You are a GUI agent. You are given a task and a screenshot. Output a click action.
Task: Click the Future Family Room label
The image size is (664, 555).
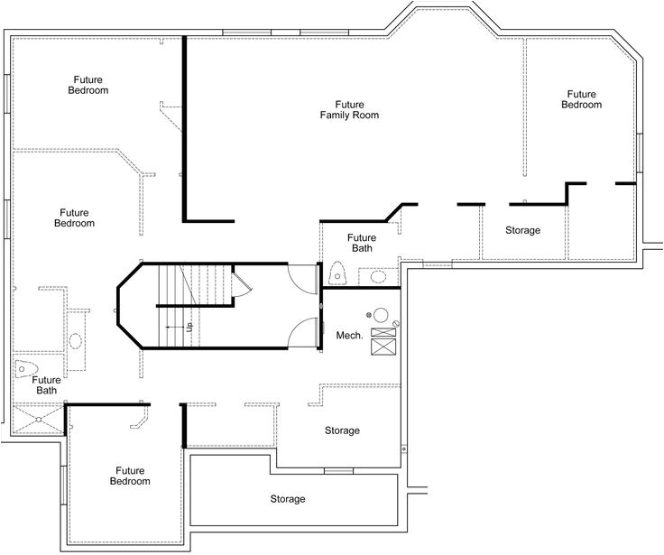[349, 110]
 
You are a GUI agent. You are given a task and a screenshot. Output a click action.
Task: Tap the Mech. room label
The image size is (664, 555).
[349, 336]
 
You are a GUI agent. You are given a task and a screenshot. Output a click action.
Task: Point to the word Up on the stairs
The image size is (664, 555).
[189, 327]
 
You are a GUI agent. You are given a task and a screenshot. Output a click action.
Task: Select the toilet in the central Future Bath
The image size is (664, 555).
[337, 273]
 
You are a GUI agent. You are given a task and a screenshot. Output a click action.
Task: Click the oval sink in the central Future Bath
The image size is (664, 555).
[378, 277]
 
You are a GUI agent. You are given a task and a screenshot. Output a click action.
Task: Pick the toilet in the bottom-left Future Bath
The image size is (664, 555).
[26, 368]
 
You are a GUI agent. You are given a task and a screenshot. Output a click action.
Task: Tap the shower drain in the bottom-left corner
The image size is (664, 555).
[39, 420]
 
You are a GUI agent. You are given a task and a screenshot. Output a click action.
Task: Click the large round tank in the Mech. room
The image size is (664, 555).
[381, 315]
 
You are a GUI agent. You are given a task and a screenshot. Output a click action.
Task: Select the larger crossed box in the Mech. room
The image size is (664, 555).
[383, 347]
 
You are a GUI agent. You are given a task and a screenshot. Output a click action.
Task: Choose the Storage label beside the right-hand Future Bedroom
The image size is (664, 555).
[522, 230]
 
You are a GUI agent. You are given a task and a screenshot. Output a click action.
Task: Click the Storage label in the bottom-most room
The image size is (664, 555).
[288, 499]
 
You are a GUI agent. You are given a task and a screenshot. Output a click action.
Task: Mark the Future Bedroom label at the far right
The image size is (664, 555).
[581, 99]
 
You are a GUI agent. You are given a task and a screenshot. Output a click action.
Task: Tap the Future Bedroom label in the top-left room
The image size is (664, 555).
[88, 85]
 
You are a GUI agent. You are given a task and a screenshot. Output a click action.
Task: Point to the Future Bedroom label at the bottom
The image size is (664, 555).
[130, 476]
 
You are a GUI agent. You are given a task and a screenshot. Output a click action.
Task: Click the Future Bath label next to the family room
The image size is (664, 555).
[362, 243]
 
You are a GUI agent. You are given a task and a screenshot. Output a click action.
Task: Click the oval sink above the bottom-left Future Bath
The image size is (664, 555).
[76, 341]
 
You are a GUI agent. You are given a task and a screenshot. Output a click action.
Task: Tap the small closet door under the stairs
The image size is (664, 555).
[242, 283]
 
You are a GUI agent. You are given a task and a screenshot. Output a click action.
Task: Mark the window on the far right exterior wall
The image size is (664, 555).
[640, 153]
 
